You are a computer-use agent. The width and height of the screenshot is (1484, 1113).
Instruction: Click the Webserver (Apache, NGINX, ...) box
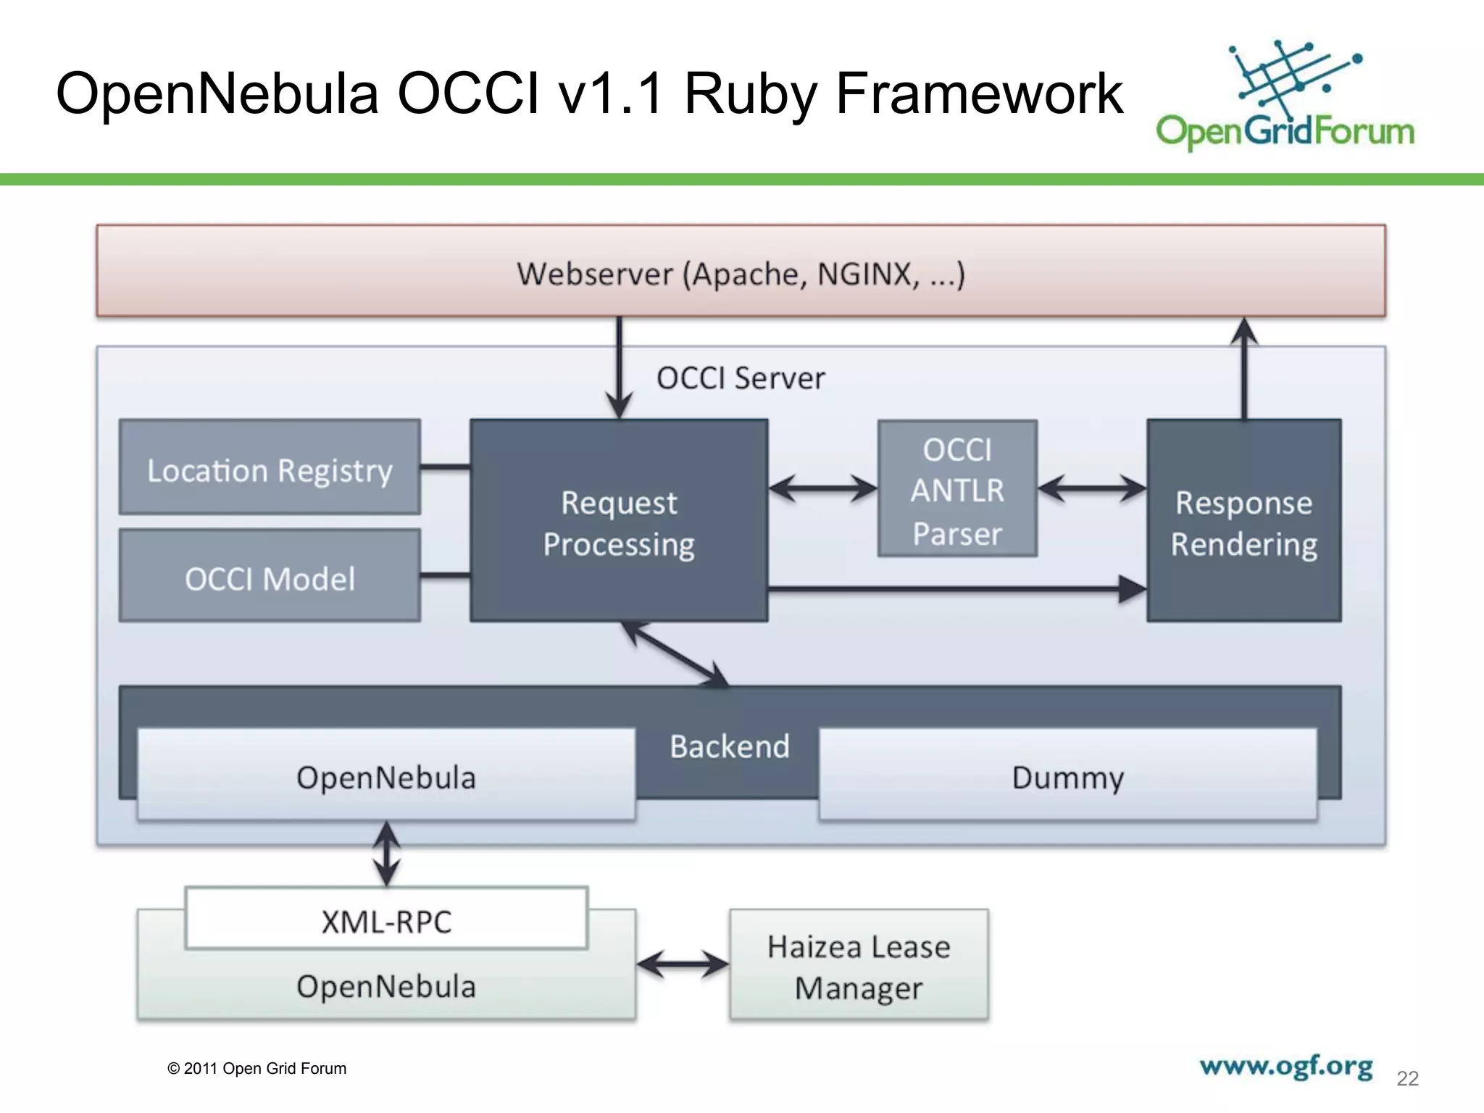[x=741, y=271]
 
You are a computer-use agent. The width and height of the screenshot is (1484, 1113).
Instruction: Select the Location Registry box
[x=270, y=468]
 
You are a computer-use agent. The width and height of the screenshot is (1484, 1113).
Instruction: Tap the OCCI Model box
[x=270, y=577]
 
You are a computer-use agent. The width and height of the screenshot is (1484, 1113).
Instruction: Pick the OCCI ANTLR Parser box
[x=957, y=490]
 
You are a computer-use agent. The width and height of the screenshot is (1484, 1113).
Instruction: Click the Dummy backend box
[x=1067, y=775]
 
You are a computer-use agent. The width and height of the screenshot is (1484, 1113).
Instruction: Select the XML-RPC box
[x=386, y=919]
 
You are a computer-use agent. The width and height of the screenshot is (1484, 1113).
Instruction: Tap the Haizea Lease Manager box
[x=859, y=965]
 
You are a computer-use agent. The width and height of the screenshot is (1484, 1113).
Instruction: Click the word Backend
[x=729, y=746]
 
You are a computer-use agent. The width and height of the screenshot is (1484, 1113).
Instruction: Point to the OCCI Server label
[x=741, y=378]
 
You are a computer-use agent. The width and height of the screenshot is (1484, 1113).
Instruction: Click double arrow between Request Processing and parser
[x=823, y=488]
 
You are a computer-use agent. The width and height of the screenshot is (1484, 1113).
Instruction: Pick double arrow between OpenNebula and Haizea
[x=683, y=964]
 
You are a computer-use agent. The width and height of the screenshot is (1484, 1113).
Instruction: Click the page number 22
[x=1407, y=1078]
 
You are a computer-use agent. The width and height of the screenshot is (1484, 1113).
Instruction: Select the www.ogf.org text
[x=1286, y=1067]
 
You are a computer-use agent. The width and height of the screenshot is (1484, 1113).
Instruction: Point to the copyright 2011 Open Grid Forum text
[x=257, y=1069]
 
